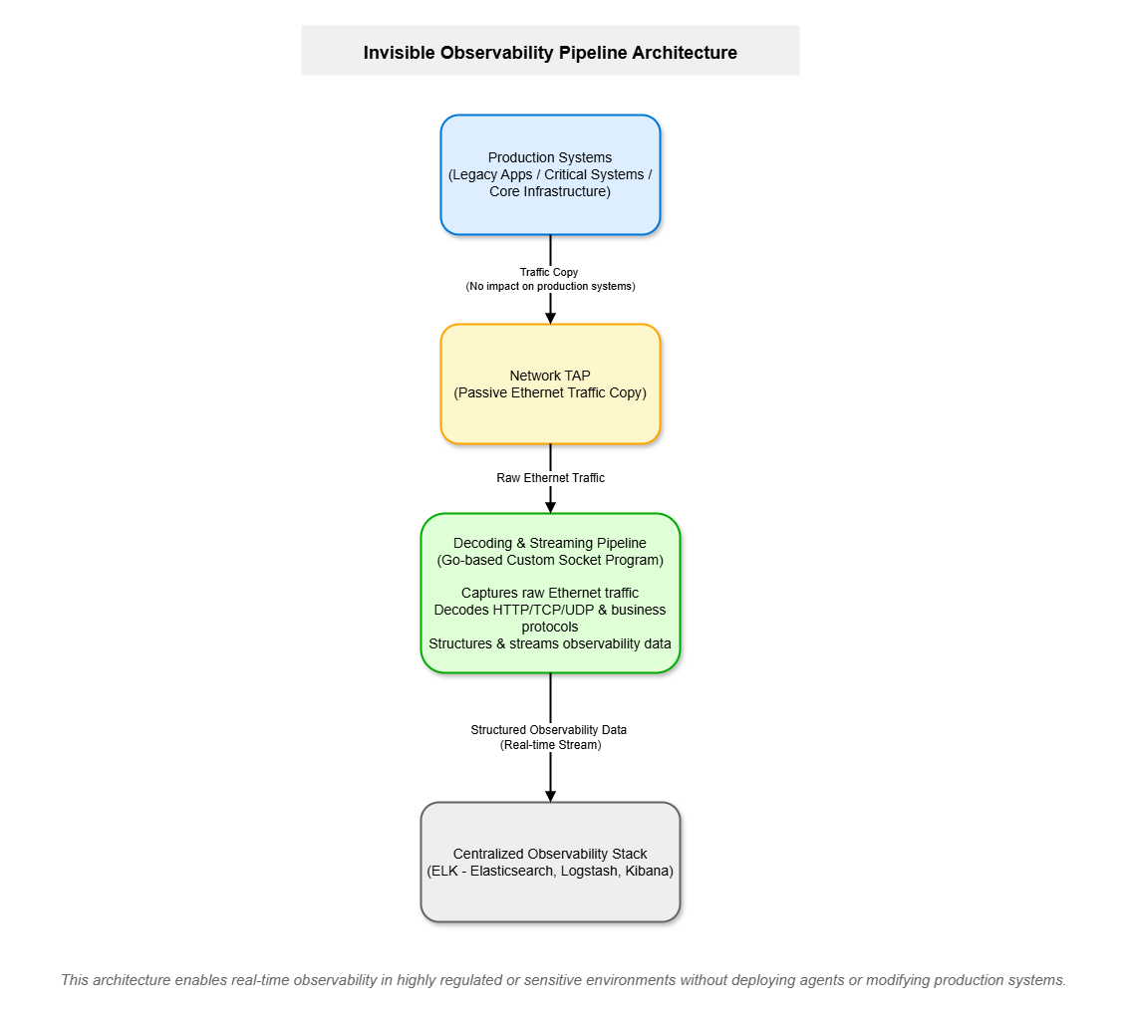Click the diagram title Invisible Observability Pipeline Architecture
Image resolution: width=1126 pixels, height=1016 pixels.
click(550, 53)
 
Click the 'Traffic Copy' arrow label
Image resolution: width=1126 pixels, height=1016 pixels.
click(549, 272)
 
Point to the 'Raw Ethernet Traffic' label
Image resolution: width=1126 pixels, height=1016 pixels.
click(550, 478)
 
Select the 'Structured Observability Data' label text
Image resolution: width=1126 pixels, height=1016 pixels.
click(549, 730)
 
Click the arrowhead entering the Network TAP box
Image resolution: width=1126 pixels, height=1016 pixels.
click(550, 316)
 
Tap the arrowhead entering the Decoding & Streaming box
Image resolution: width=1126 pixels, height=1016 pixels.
click(550, 506)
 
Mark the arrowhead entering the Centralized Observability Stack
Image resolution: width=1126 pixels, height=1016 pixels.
click(550, 795)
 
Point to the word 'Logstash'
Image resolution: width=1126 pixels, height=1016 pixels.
click(588, 872)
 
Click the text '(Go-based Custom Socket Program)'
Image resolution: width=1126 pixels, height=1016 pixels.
click(550, 561)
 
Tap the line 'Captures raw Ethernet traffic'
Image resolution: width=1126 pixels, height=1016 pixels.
click(550, 594)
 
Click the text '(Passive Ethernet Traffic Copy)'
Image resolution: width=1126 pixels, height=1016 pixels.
click(550, 393)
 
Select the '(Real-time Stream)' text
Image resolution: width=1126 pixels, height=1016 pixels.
click(550, 745)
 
